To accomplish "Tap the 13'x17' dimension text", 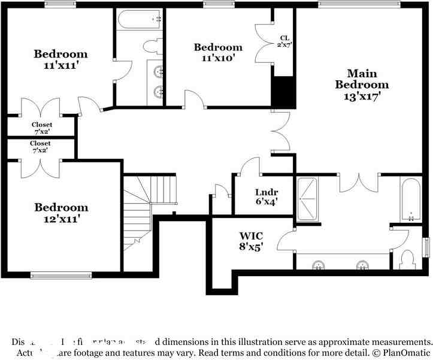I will (x=358, y=95).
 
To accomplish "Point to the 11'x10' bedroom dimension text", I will (x=218, y=58).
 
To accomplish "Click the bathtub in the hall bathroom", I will (x=141, y=19).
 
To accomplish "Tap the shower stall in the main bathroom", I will (x=308, y=199).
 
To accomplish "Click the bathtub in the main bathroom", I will (x=411, y=199).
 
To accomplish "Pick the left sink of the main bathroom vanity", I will (x=318, y=264).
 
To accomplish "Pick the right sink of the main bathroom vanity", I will (x=362, y=264).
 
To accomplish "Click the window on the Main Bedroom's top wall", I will (x=359, y=4).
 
